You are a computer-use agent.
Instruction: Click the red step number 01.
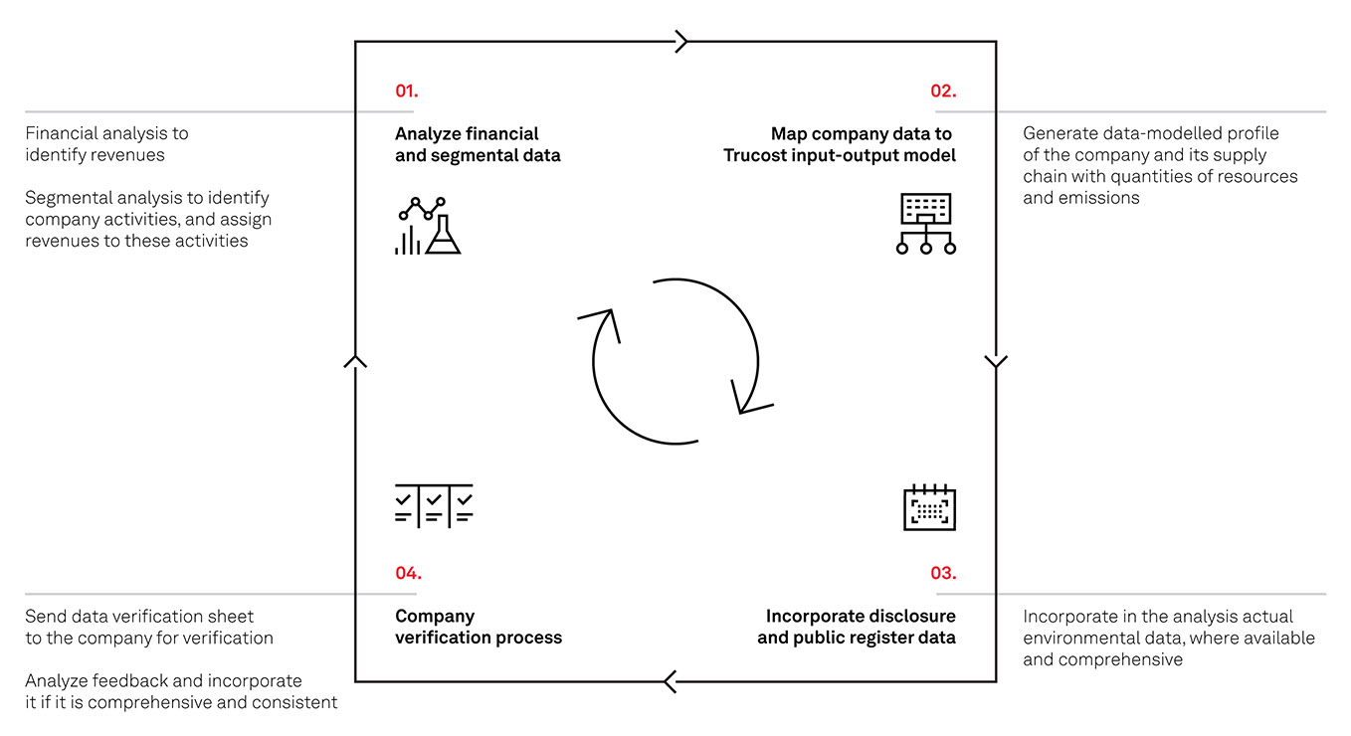click(406, 91)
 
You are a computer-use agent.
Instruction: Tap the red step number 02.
click(943, 91)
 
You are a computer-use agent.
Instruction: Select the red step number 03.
click(943, 573)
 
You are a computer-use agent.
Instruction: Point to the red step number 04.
click(408, 573)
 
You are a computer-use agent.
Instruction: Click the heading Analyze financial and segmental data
click(478, 144)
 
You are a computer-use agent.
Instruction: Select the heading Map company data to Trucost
click(840, 144)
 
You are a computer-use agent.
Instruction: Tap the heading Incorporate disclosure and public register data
click(857, 627)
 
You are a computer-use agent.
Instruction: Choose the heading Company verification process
click(479, 627)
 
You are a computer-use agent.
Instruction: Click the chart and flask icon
click(428, 226)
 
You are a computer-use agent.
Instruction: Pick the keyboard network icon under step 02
click(926, 224)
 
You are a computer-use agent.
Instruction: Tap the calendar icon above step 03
click(929, 507)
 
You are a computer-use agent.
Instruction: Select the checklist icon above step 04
click(434, 504)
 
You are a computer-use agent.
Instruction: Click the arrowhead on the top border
click(681, 42)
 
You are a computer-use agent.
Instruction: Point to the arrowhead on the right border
click(996, 361)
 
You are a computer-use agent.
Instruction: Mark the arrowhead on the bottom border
click(670, 681)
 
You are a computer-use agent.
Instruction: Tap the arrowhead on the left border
click(355, 360)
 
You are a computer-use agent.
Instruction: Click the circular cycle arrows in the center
click(675, 361)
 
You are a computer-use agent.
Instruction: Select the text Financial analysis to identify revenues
click(106, 144)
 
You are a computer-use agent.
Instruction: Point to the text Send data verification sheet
click(139, 617)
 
